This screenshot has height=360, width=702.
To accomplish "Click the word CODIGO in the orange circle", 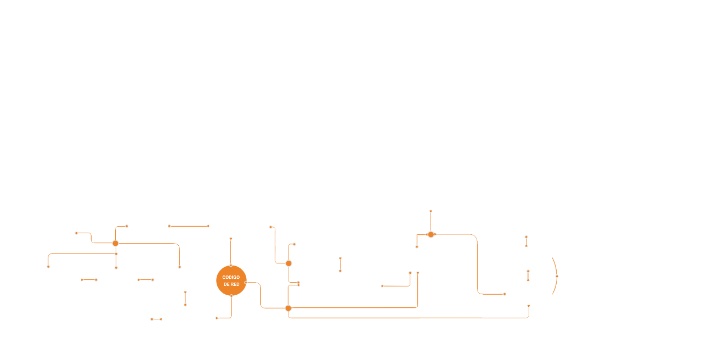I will pos(231,277).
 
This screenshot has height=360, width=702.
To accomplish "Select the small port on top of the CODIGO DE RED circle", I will pos(231,266).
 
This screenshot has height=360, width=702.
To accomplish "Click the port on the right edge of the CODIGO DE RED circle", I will pos(246,283).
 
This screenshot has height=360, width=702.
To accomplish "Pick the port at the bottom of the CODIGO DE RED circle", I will pos(231,296).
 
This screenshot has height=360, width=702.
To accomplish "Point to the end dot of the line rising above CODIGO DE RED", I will pos(231,239).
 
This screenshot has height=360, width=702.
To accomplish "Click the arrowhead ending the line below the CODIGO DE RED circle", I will pos(217,318).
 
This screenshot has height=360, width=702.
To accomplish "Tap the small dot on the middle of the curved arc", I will pos(557,277).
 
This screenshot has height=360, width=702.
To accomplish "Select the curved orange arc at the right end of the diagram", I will pos(554,263).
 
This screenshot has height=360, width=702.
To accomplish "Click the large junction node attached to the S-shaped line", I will pos(431,235).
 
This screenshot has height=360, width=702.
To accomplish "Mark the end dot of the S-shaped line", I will pos(505,294).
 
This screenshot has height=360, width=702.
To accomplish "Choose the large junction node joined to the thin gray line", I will pos(115,243).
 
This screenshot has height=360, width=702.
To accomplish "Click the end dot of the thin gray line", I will pos(179,267).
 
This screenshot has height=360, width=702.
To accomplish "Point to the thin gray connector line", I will pos(148,243).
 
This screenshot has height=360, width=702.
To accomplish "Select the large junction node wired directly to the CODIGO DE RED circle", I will pos(288,308).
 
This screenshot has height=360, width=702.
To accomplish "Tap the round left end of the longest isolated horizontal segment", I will pos(169,226).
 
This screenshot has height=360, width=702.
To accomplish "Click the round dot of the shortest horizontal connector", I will pos(152,319).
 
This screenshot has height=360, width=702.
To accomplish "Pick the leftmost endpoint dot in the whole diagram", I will pos(48,267).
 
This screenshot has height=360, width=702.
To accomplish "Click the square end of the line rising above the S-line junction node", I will pos(431,211).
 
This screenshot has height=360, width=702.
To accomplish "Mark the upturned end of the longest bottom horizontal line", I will pos(529,306).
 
